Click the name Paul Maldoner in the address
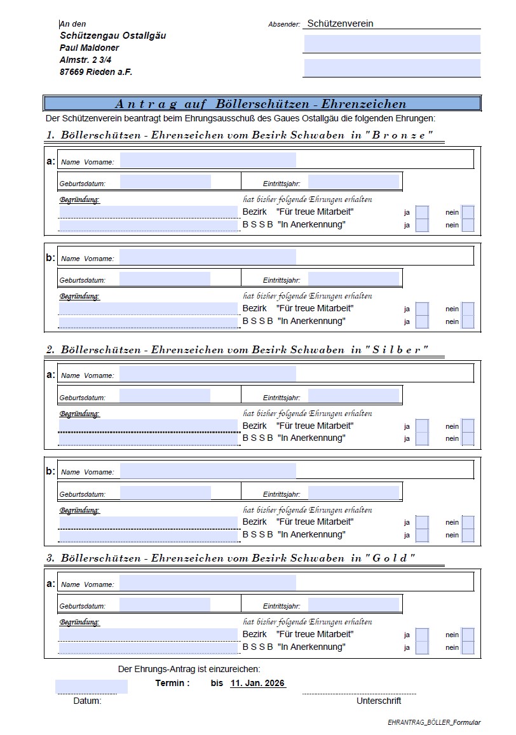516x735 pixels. (89, 48)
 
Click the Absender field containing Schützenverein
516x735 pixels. (391, 24)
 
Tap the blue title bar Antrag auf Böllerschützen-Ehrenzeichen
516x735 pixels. (261, 104)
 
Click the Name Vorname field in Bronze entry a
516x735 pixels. (208, 160)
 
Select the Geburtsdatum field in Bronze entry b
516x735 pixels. (165, 279)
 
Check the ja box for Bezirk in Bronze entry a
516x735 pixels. (422, 212)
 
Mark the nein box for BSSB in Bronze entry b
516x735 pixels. (468, 321)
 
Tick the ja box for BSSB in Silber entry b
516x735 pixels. (422, 535)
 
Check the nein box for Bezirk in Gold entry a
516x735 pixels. (468, 634)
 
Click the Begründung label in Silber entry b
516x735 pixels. (79, 510)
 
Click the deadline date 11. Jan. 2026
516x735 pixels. (257, 684)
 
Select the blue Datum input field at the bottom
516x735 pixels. (91, 687)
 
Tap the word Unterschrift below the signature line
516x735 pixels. (379, 701)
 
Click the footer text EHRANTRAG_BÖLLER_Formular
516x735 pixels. (434, 722)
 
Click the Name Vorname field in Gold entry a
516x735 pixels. (208, 583)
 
